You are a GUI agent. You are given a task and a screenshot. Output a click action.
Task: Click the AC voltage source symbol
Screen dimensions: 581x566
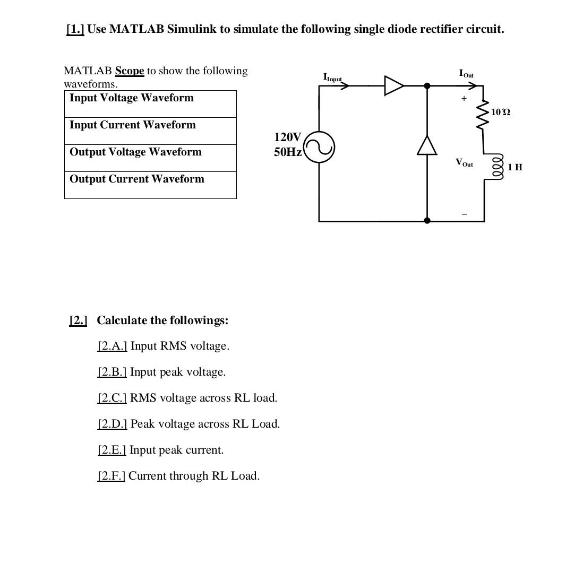click(x=319, y=147)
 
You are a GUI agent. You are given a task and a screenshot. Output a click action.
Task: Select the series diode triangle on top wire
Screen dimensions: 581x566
click(x=394, y=85)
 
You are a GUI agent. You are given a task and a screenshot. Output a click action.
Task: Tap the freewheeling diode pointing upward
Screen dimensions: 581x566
click(x=427, y=145)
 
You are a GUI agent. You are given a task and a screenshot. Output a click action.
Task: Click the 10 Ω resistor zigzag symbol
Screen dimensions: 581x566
click(x=483, y=115)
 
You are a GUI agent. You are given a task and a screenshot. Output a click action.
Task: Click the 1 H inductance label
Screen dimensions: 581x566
click(x=515, y=167)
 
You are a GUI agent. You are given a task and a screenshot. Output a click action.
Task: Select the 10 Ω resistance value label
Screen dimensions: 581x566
click(x=501, y=112)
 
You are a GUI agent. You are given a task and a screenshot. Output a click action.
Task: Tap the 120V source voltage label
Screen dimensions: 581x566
click(x=287, y=137)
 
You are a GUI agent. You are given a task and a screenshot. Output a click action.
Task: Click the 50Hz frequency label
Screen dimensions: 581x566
click(x=288, y=152)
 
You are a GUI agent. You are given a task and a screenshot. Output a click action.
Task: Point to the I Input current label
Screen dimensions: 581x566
click(x=332, y=77)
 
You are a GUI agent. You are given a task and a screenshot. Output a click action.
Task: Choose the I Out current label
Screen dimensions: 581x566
click(x=466, y=74)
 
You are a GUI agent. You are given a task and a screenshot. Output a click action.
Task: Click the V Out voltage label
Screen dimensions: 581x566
click(x=464, y=162)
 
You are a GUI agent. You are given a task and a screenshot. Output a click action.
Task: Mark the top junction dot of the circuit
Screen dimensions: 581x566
click(x=427, y=85)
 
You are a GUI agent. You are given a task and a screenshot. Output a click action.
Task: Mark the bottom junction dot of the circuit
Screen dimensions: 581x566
click(x=427, y=221)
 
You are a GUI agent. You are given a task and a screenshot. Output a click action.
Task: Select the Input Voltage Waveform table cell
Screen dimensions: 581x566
click(x=150, y=104)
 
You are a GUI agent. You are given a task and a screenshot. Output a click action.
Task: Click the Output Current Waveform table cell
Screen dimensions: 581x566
click(x=150, y=185)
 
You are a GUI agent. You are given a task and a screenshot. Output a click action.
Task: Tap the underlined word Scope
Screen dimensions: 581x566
click(x=130, y=71)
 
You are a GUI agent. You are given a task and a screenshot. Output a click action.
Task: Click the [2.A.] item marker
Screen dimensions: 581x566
click(x=112, y=346)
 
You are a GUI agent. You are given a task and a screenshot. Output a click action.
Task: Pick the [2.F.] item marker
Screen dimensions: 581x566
click(x=111, y=476)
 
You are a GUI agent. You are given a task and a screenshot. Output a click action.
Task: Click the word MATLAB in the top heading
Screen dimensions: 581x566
click(x=136, y=29)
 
